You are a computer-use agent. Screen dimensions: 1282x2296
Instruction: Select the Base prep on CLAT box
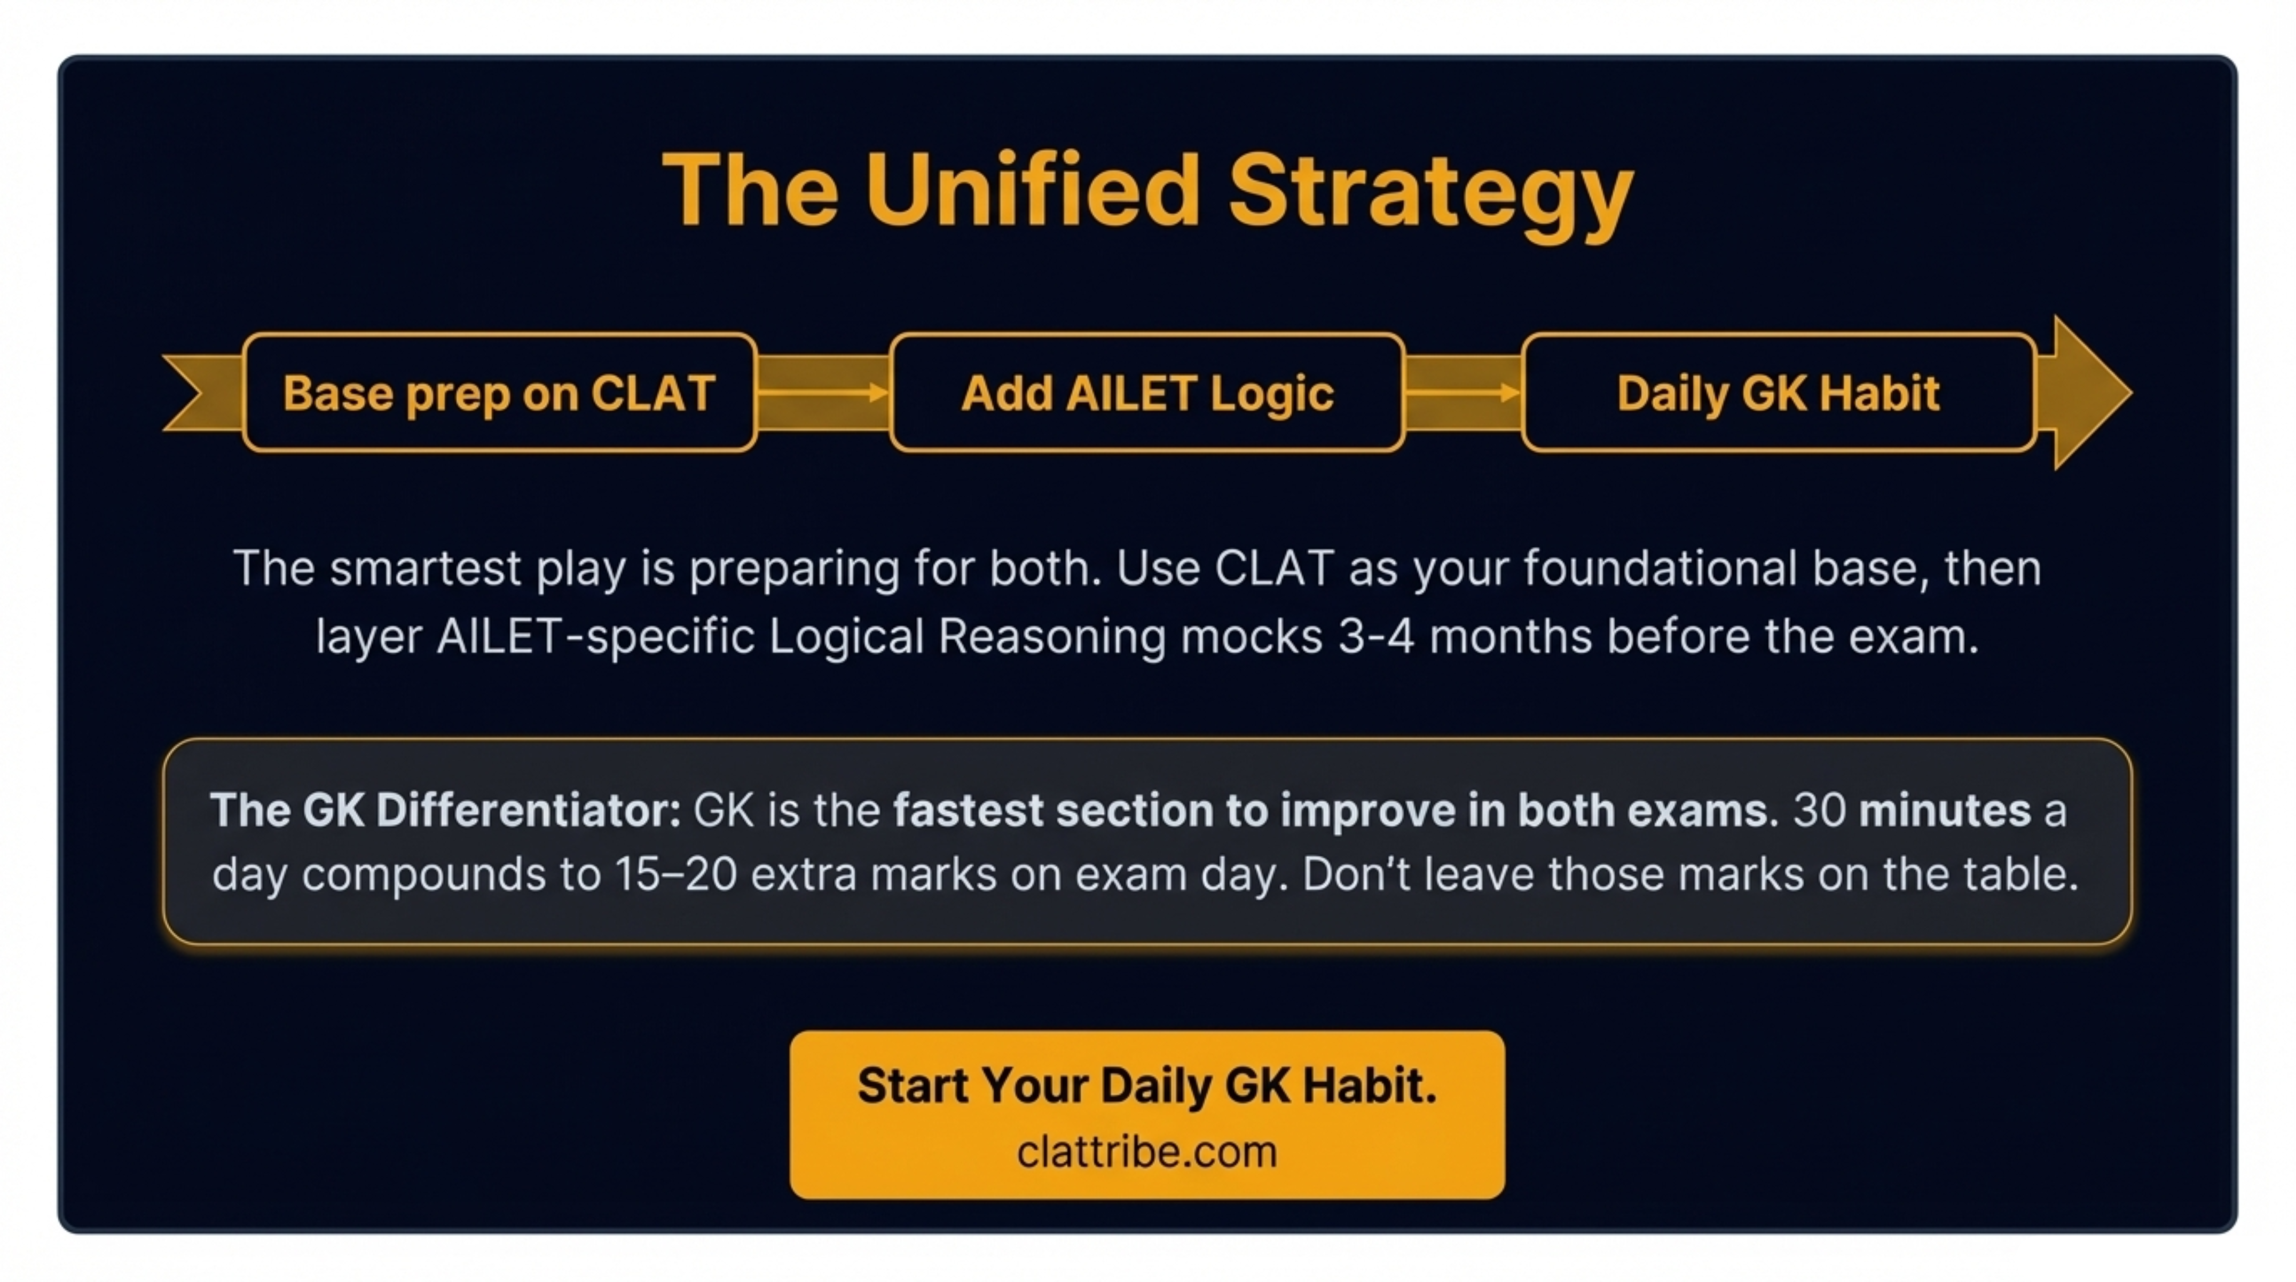tap(499, 392)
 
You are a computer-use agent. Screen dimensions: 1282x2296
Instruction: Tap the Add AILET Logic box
tap(1147, 392)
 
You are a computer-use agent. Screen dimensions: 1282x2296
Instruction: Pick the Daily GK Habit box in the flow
tap(1778, 392)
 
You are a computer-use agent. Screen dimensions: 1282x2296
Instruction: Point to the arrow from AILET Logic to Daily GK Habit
tap(1462, 392)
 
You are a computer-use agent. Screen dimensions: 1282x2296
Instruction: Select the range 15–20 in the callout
tap(675, 874)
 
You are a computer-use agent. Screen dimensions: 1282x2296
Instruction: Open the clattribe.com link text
tap(1147, 1152)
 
